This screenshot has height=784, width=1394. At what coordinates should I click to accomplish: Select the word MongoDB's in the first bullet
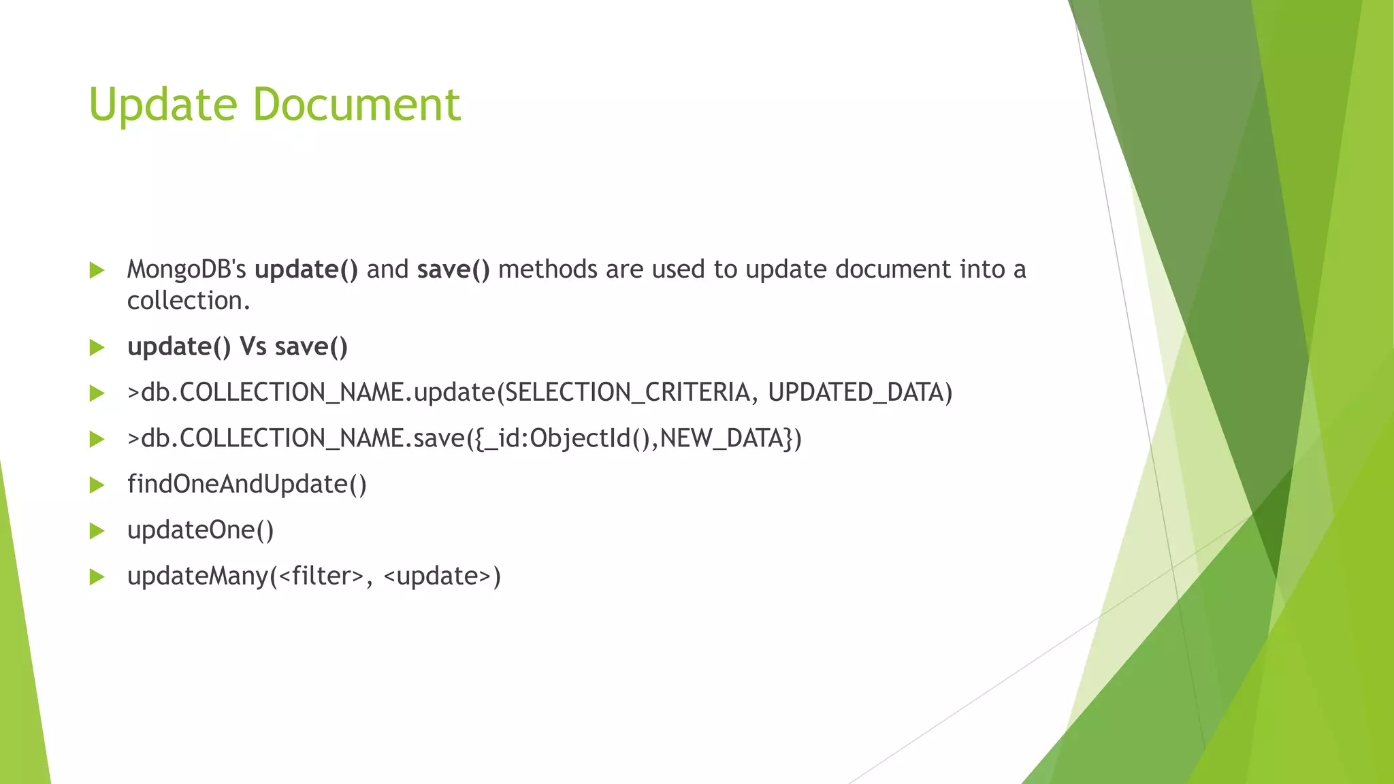(187, 270)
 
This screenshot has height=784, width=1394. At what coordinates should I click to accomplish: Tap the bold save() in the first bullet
(453, 270)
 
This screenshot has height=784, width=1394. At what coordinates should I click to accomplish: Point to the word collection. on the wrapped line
(189, 301)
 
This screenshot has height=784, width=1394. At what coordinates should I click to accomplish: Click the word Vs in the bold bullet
(253, 347)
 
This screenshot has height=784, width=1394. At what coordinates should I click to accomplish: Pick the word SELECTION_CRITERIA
(627, 393)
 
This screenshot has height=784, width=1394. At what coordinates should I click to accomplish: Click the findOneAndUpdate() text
(247, 485)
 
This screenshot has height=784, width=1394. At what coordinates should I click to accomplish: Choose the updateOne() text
(201, 530)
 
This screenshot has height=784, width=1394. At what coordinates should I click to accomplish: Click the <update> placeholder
(437, 576)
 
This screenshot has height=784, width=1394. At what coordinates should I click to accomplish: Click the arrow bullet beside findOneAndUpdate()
(97, 485)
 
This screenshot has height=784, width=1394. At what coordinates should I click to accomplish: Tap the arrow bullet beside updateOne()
(97, 531)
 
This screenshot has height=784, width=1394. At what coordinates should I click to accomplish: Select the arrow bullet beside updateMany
(97, 577)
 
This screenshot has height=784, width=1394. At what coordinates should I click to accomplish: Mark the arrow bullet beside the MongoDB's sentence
(97, 271)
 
